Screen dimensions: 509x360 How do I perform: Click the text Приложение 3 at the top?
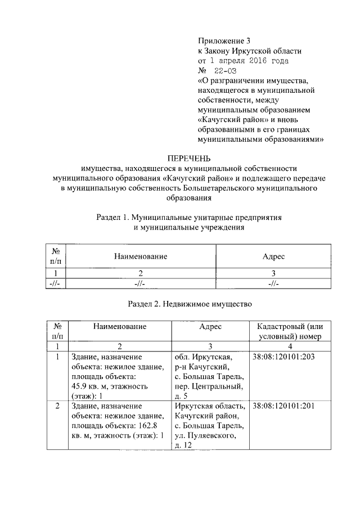tap(223, 40)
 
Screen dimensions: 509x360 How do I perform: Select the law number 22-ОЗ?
tap(226, 70)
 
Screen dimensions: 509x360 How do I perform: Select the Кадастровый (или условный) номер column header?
tap(290, 332)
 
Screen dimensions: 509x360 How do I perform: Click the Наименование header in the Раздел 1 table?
tap(141, 256)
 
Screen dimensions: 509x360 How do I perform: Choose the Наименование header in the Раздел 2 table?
tap(120, 327)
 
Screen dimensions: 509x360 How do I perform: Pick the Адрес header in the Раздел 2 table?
tap(210, 327)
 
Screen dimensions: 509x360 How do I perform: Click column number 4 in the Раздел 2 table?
tap(290, 346)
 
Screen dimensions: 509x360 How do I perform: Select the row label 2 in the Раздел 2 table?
tap(57, 406)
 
